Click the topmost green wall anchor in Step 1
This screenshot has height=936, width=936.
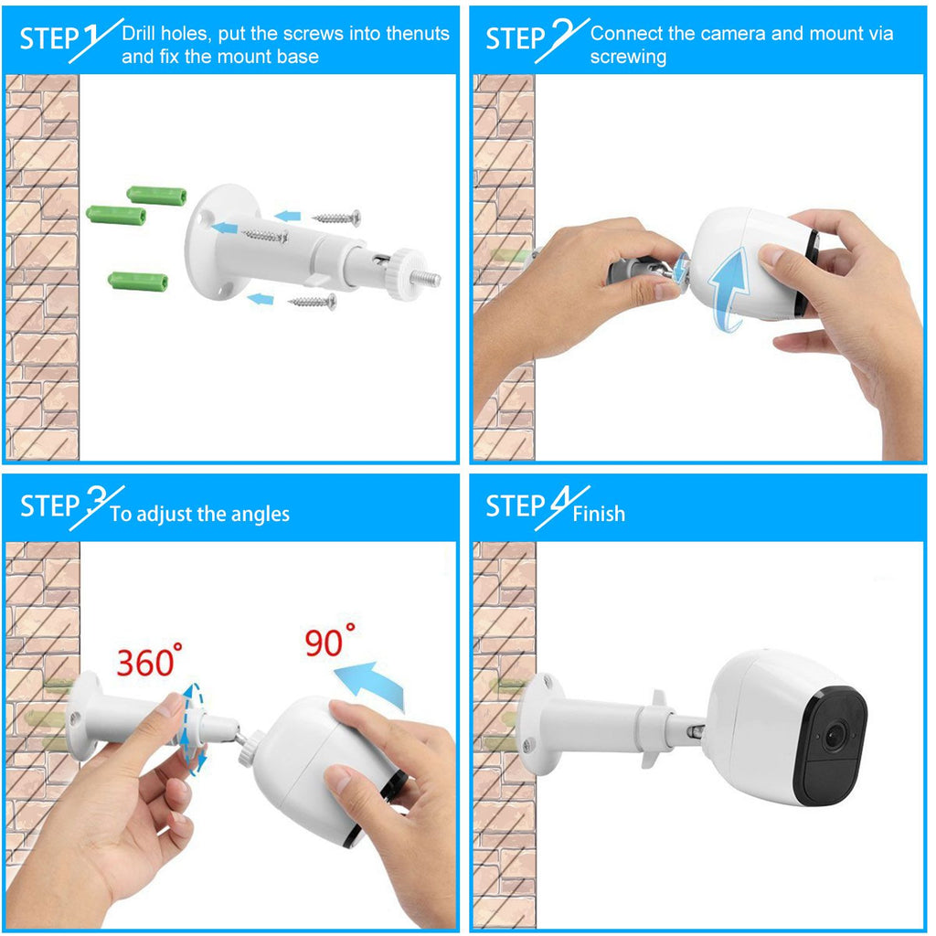pos(156,195)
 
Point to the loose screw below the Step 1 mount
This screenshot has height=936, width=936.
pos(313,300)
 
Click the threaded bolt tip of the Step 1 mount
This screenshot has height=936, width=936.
pos(427,277)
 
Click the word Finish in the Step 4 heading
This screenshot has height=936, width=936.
pos(599,514)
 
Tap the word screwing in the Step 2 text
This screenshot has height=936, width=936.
pos(628,57)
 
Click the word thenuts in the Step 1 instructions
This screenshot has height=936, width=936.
pos(418,34)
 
